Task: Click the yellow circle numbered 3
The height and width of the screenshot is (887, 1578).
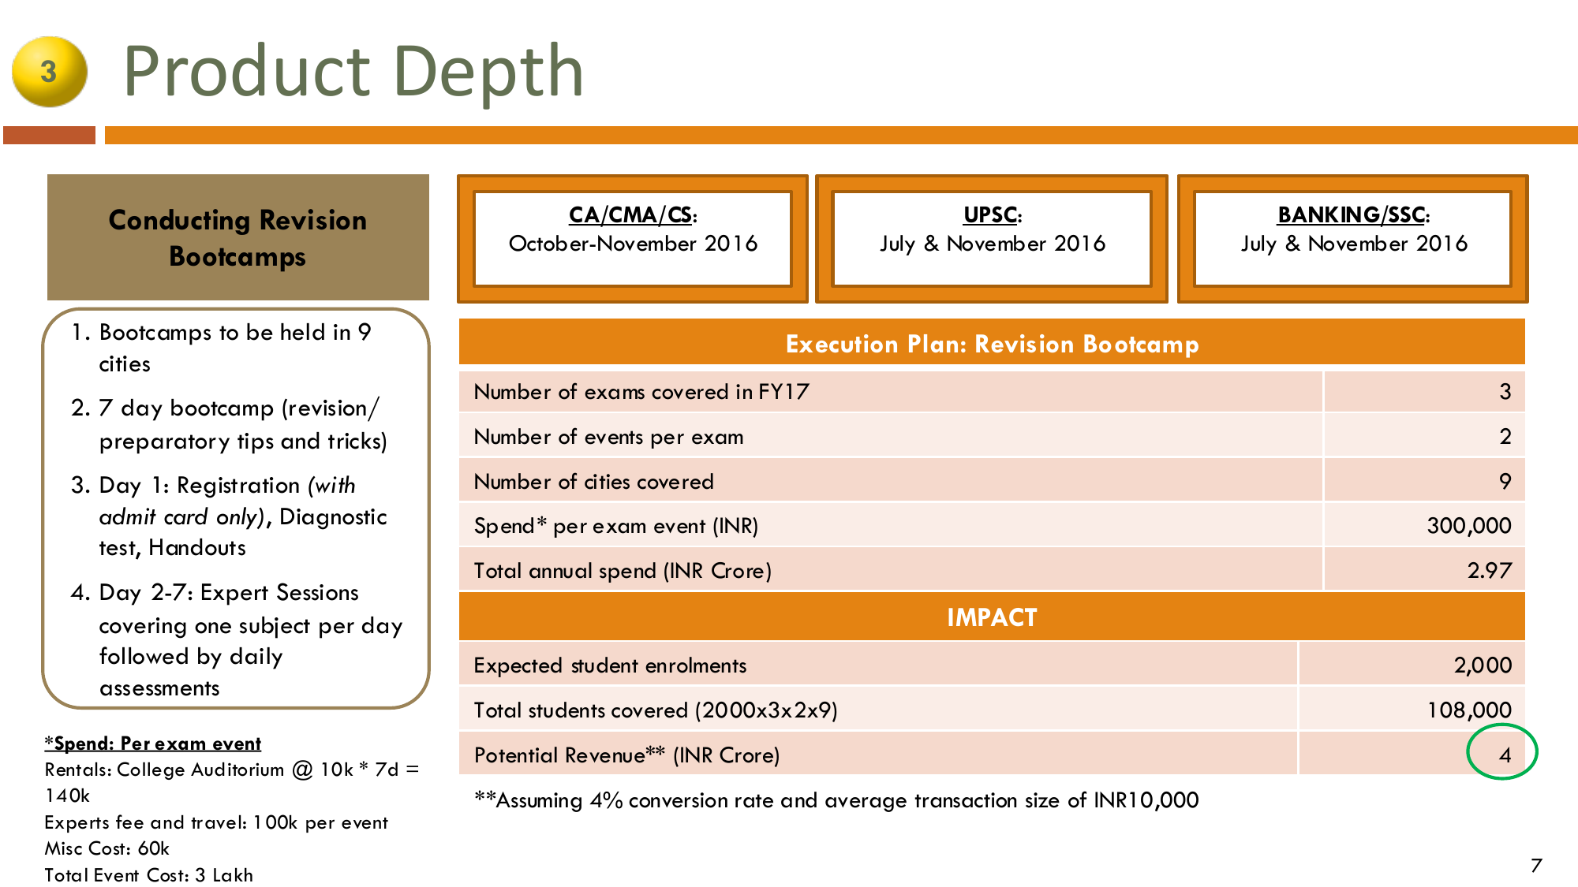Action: click(x=49, y=72)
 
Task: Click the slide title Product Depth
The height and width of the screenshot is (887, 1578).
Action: click(x=353, y=72)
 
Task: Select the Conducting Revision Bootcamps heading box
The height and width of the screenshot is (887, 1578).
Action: click(x=238, y=237)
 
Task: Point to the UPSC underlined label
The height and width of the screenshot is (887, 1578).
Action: click(x=993, y=214)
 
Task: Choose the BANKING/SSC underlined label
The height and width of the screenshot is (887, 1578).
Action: click(x=1353, y=214)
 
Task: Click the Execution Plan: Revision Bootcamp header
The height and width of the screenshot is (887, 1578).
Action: click(x=992, y=344)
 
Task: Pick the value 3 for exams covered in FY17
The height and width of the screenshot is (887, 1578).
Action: click(x=1505, y=391)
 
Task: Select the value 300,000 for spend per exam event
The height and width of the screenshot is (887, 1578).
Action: click(x=1469, y=525)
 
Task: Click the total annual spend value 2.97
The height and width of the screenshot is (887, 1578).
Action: click(x=1490, y=570)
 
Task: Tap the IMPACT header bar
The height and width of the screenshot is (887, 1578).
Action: click(x=992, y=617)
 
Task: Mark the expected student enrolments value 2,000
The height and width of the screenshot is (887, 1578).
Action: click(x=1483, y=665)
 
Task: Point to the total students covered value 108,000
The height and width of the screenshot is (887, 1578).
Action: click(x=1469, y=710)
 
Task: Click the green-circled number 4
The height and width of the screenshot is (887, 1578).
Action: click(x=1505, y=755)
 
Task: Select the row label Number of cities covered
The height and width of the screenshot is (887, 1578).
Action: click(x=593, y=481)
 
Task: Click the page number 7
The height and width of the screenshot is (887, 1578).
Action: click(x=1535, y=865)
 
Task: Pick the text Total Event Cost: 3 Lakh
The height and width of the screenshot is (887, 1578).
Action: click(x=148, y=875)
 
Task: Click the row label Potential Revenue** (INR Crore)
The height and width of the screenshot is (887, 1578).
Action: click(x=626, y=755)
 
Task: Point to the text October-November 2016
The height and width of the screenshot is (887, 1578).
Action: click(x=633, y=244)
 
